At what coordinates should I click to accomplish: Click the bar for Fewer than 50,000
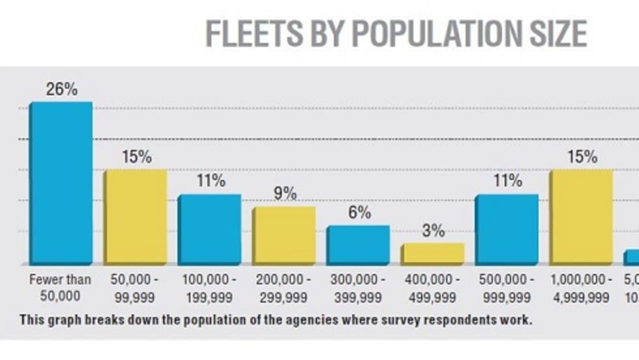pos(60,183)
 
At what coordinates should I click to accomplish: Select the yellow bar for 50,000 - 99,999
pos(135,217)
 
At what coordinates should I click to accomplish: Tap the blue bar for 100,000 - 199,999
pos(209,229)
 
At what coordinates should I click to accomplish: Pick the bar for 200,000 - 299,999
pos(284,235)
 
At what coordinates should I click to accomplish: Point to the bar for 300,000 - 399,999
pos(358,245)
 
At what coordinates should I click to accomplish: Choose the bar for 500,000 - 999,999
pos(507,229)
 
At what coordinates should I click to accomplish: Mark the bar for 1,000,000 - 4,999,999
pos(581,217)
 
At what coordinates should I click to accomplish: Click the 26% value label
pos(61,90)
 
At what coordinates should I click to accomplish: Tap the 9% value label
pos(285,194)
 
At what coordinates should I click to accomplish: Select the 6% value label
pos(359,213)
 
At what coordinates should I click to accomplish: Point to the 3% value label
pos(433,231)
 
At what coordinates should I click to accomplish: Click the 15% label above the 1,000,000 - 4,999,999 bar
pos(582,157)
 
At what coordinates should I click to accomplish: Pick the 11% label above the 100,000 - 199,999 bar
pos(211,181)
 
